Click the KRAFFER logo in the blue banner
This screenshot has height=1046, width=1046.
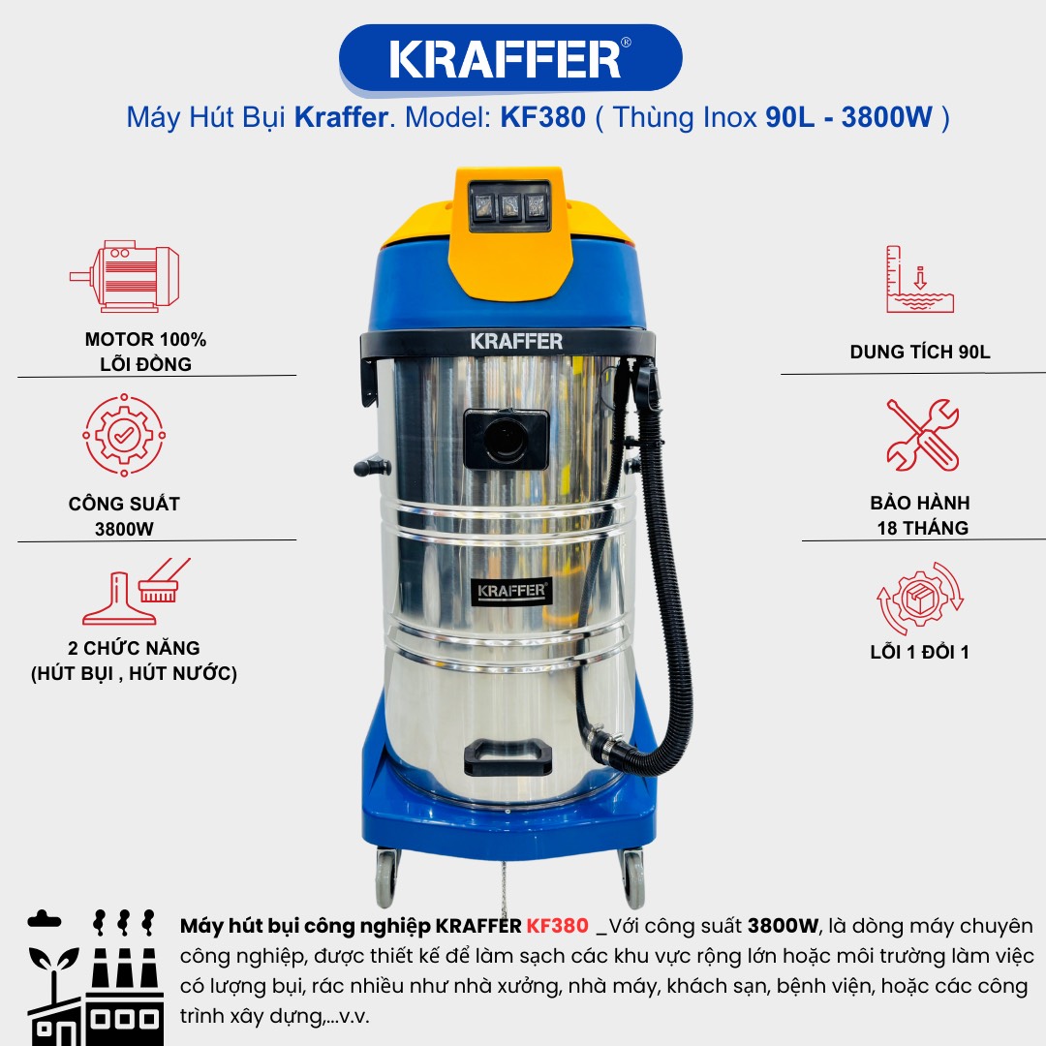coord(510,59)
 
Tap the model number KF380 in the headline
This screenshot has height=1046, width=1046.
coord(543,117)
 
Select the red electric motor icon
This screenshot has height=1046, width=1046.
coord(125,276)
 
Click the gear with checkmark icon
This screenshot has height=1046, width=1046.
coord(124,435)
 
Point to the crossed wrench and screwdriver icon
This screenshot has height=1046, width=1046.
coord(923,435)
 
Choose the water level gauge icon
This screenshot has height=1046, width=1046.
coord(920,279)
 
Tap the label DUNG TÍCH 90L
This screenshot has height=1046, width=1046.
coord(920,353)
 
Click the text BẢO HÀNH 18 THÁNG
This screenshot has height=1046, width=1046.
coord(921,515)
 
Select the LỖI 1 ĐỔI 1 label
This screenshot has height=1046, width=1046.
coord(920,652)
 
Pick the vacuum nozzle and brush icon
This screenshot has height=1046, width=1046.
coord(137,591)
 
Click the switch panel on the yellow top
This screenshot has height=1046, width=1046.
coord(509,206)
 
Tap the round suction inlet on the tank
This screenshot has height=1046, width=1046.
coord(507,439)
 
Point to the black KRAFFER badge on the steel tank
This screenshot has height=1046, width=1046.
coord(511,591)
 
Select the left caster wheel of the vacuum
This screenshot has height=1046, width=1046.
coord(386,877)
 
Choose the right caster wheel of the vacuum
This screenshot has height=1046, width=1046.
coord(632,877)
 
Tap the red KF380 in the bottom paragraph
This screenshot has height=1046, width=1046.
coord(558,926)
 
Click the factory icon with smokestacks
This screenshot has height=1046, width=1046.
coord(95,976)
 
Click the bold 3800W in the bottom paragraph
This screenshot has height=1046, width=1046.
coord(783,926)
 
